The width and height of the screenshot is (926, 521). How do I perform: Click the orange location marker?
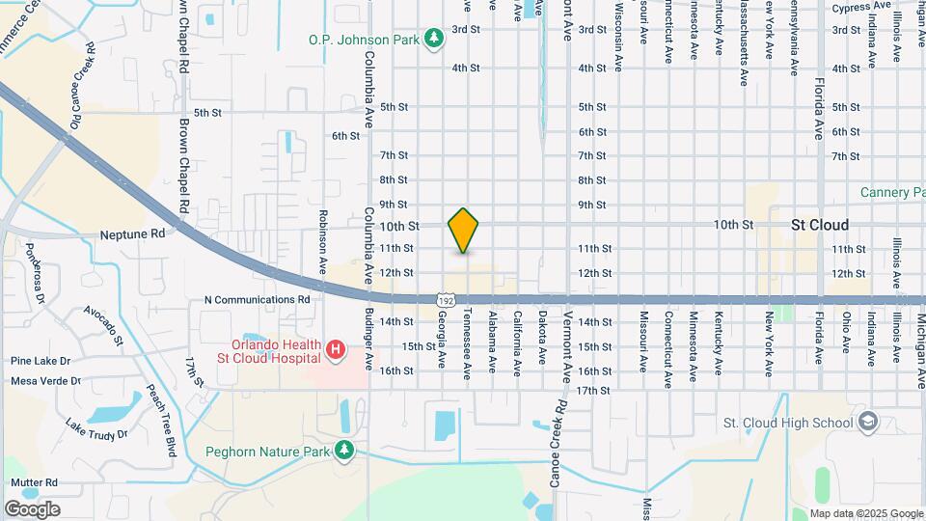[464, 231]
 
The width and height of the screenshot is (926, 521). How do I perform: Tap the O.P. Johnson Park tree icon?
[435, 39]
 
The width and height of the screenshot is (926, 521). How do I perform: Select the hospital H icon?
[335, 349]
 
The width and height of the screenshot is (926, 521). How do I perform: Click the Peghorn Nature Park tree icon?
[343, 451]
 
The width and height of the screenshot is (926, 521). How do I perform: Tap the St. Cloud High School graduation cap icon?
[868, 422]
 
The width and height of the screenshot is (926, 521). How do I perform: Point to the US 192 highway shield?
[445, 302]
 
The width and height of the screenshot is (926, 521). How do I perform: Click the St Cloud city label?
[820, 224]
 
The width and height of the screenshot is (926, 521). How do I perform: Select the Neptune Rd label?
[133, 233]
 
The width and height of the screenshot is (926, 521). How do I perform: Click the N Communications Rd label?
[257, 299]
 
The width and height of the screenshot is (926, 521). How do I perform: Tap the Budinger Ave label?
[369, 342]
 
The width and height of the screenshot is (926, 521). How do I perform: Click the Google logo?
[32, 508]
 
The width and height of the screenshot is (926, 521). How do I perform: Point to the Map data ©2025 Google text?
[866, 513]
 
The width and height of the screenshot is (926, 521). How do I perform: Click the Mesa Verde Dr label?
[45, 381]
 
